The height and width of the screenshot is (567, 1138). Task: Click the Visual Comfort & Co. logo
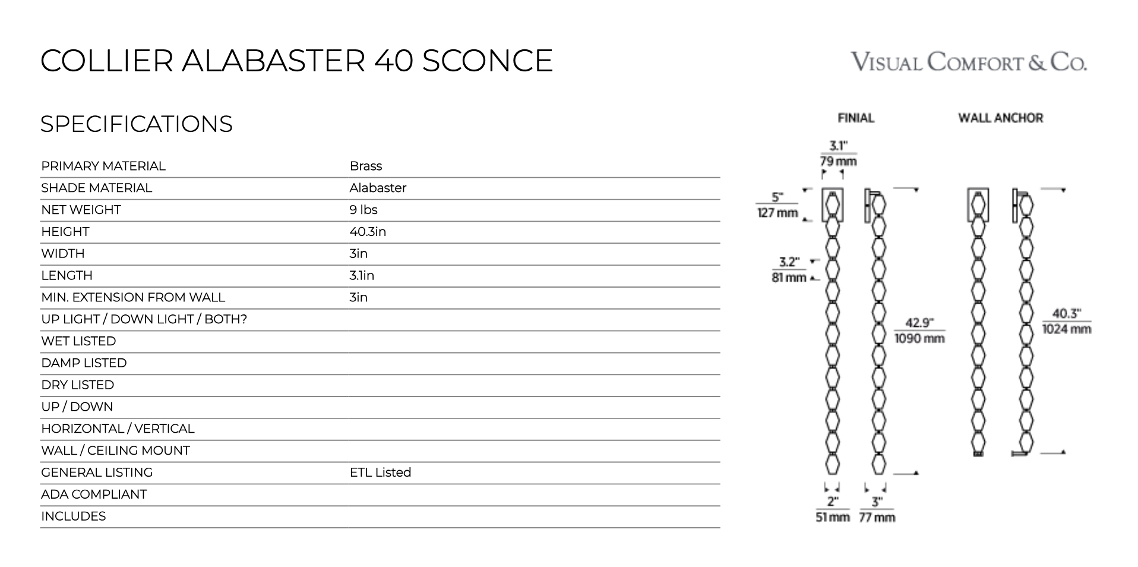click(x=969, y=62)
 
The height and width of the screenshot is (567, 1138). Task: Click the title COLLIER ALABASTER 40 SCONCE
click(x=296, y=61)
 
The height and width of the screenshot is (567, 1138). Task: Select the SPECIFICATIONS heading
click(x=136, y=124)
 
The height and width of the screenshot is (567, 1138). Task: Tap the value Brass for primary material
click(x=365, y=166)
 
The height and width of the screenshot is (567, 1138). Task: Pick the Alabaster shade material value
click(x=378, y=188)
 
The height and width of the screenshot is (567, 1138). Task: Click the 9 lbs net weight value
click(x=363, y=210)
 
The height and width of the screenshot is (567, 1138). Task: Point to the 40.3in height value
click(x=368, y=232)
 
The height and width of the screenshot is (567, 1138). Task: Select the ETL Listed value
click(x=380, y=472)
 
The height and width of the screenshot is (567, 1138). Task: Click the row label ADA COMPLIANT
click(x=94, y=494)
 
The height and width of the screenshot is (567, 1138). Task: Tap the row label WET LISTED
click(x=78, y=341)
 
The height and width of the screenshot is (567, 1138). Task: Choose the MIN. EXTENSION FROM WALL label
click(x=133, y=297)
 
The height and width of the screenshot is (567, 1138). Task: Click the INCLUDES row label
click(x=73, y=516)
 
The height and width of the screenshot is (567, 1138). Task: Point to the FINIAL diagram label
click(x=856, y=118)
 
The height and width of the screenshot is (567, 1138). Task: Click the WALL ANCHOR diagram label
click(x=1000, y=118)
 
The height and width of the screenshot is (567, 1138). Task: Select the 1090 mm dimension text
click(x=919, y=339)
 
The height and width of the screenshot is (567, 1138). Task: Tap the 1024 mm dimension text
click(x=1067, y=329)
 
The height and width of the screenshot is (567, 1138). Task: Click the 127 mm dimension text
click(x=777, y=213)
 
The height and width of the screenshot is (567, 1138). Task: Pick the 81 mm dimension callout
click(x=789, y=278)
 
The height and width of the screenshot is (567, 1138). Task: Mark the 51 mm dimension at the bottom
click(x=832, y=518)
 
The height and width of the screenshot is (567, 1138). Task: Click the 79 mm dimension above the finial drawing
click(x=838, y=161)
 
